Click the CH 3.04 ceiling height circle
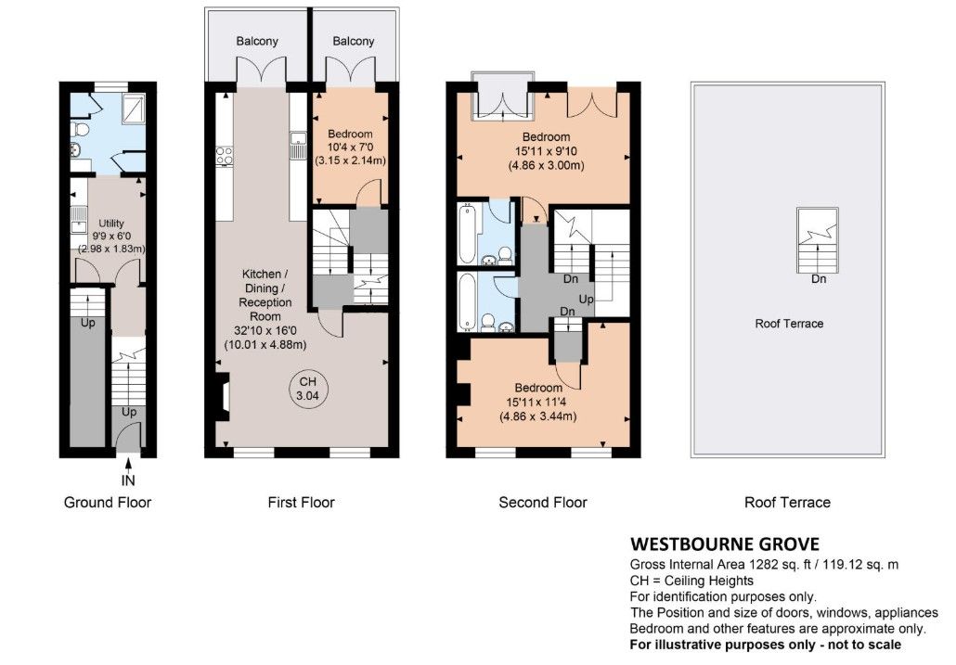307,388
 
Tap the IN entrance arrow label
128,480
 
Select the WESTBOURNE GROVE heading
725,544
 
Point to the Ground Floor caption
108,503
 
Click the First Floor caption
302,503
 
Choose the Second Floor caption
543,503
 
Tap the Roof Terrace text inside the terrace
789,324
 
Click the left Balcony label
257,41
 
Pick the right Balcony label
354,41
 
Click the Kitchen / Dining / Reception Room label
265,310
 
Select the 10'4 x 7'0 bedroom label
350,147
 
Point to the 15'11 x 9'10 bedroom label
547,151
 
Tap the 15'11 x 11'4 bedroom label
538,403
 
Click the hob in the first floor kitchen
225,155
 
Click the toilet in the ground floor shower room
80,130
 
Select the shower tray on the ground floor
133,109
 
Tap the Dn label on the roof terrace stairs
819,279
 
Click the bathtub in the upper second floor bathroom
467,234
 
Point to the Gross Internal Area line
764,565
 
